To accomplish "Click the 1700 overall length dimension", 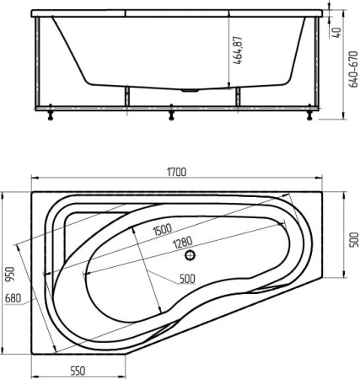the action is (176, 172).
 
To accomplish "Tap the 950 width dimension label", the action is (9, 275).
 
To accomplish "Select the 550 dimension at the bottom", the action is (78, 371).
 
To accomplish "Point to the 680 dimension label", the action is (13, 298).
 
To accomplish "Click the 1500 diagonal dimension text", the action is (163, 229).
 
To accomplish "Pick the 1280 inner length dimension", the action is (183, 243).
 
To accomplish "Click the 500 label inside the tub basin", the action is (187, 279).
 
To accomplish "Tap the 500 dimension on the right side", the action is (354, 239).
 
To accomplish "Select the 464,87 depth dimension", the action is (238, 51).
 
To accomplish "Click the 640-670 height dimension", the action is (353, 69).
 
